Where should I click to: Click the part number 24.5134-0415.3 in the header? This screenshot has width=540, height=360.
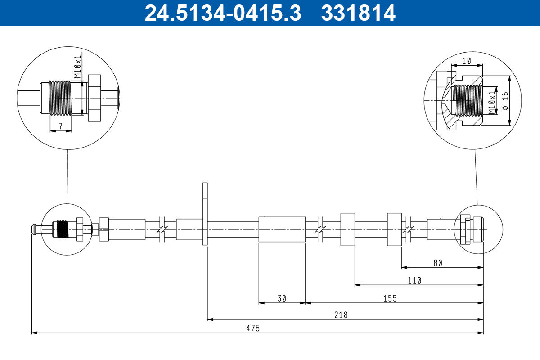(222, 13)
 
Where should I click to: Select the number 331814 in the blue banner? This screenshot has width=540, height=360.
(358, 13)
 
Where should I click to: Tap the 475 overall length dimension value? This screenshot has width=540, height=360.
(253, 328)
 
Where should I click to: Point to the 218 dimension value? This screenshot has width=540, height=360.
(341, 315)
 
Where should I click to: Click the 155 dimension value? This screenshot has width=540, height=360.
(390, 298)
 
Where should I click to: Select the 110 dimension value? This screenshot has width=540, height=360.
(414, 280)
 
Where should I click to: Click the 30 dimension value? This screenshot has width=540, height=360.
(282, 298)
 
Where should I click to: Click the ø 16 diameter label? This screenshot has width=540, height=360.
(505, 100)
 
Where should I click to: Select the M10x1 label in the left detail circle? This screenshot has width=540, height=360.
(77, 66)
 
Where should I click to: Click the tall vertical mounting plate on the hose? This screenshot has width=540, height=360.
(205, 214)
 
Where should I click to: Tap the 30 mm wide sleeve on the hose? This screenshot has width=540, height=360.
(282, 229)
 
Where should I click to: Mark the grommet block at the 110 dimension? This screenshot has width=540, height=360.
(348, 229)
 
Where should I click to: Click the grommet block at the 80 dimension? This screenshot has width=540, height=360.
(394, 229)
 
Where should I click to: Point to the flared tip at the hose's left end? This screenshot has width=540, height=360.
(34, 229)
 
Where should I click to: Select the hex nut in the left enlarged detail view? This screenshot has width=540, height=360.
(94, 98)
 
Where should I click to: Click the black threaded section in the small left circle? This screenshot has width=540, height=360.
(63, 229)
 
